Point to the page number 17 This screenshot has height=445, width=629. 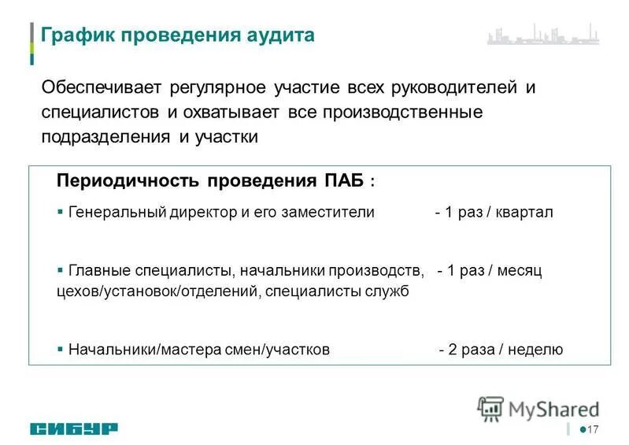click(593, 429)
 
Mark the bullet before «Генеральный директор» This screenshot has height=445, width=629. click(61, 212)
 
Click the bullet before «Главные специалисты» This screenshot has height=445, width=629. click(61, 269)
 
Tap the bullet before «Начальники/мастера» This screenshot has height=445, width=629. click(61, 349)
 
